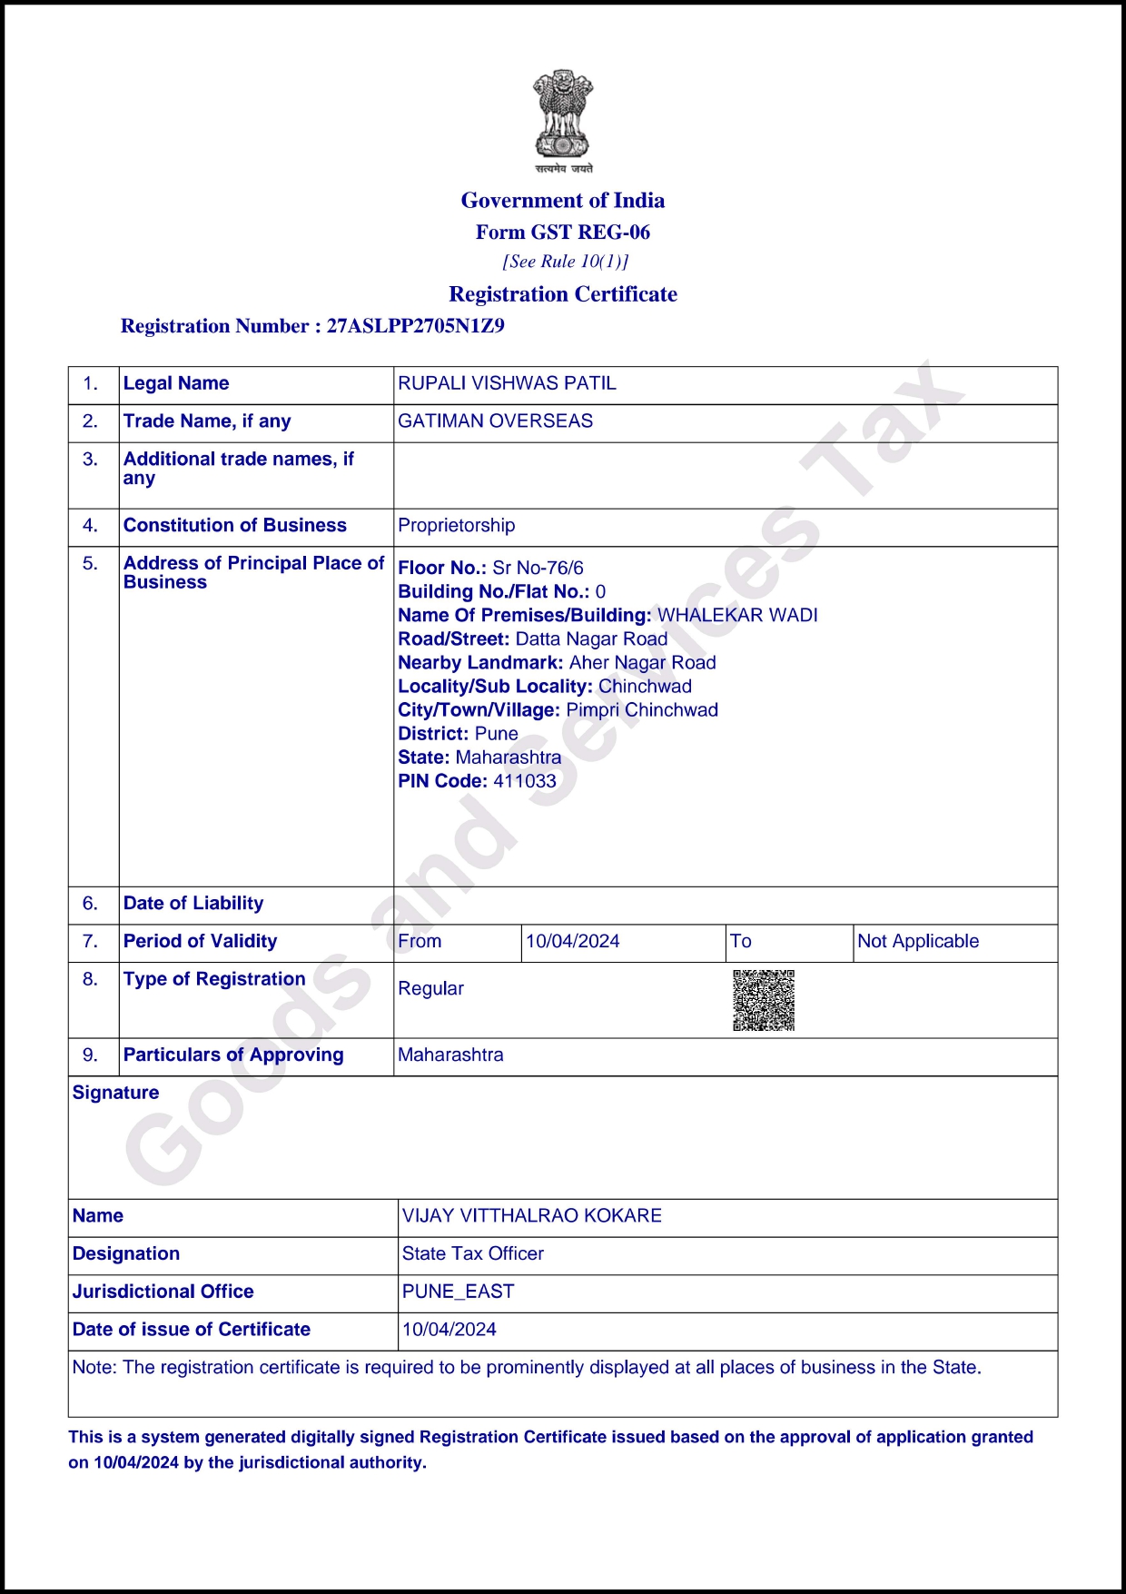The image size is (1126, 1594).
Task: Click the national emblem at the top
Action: click(x=563, y=118)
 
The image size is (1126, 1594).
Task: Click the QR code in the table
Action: click(x=764, y=1000)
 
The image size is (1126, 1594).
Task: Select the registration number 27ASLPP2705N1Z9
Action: click(x=415, y=326)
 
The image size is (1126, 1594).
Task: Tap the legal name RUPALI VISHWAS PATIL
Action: click(x=507, y=383)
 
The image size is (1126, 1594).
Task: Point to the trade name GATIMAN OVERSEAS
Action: click(x=495, y=421)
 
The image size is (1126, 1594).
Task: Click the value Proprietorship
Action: click(x=456, y=526)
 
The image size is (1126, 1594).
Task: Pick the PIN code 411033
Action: click(x=524, y=781)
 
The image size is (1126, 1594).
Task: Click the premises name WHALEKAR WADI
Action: click(x=737, y=616)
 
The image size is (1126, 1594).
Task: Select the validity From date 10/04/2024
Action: click(x=572, y=942)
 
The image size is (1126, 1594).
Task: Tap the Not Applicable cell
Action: click(x=918, y=942)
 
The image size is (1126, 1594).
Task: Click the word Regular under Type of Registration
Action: click(x=430, y=989)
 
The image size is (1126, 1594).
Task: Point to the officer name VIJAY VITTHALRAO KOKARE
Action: click(x=531, y=1216)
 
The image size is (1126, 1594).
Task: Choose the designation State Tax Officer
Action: click(x=472, y=1254)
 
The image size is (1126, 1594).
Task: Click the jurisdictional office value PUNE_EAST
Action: click(x=458, y=1292)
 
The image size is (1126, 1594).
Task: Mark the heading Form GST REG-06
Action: click(x=563, y=233)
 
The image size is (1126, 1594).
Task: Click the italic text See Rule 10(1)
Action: click(x=565, y=262)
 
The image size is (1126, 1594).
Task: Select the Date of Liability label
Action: click(x=193, y=904)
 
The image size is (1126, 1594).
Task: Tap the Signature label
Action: click(x=115, y=1093)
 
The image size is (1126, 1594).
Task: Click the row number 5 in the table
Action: click(x=90, y=564)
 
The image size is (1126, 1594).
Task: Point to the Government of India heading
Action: click(x=563, y=201)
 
